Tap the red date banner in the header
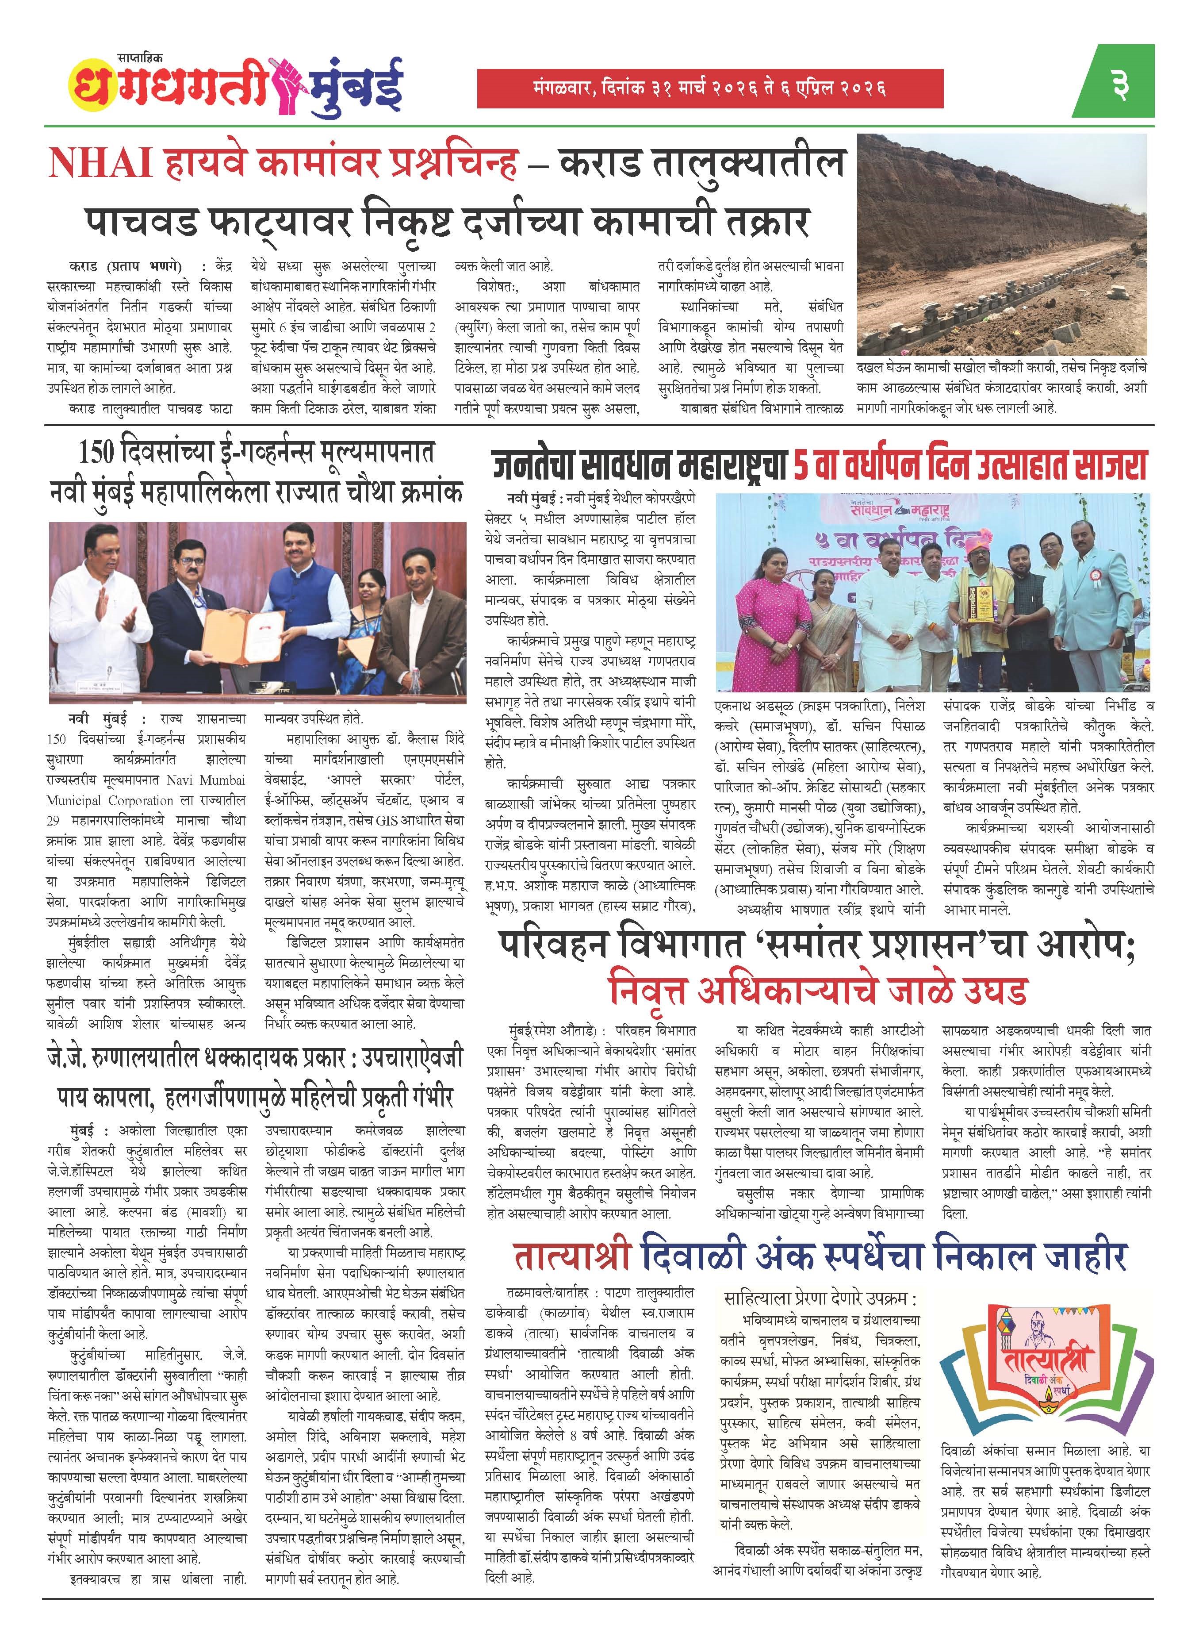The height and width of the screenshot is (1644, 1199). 709,88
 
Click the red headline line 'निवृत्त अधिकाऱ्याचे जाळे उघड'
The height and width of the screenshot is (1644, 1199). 818,990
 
